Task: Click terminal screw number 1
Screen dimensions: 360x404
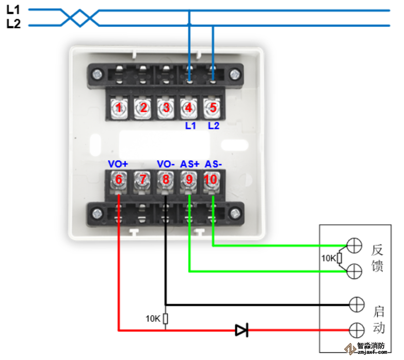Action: (x=119, y=108)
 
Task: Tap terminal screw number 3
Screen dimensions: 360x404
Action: (x=166, y=108)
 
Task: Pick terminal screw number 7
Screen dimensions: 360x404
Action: (x=141, y=180)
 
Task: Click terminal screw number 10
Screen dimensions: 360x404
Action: (x=212, y=180)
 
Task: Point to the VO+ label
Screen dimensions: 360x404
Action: (x=118, y=164)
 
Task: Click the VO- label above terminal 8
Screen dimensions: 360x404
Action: (x=166, y=164)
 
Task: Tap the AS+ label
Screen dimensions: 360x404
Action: (x=189, y=164)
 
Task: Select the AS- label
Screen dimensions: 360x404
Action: (x=213, y=164)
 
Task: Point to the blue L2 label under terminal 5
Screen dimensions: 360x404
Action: (x=214, y=126)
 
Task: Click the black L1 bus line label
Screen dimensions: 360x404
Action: (x=13, y=9)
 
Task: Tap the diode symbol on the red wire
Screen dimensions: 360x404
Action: (x=241, y=330)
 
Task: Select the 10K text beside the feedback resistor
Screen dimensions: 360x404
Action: (x=328, y=258)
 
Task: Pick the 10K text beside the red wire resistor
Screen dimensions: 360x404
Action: (x=153, y=319)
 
